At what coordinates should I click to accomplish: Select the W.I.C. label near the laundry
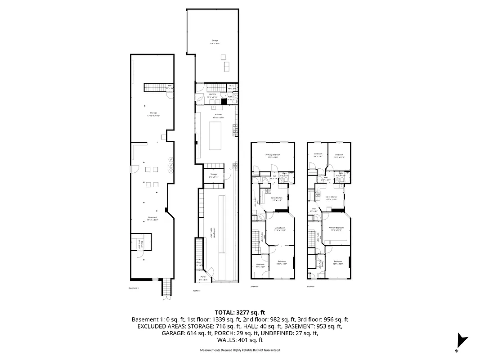(x=232, y=87)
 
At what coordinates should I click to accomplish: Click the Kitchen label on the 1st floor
(x=218, y=116)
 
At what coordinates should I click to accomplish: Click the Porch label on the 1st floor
(x=203, y=278)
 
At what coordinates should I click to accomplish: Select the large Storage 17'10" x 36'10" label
(x=154, y=114)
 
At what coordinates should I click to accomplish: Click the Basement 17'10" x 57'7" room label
(x=153, y=219)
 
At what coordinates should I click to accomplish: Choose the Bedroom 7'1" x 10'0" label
(x=260, y=265)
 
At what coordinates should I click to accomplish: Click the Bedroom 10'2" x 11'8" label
(x=339, y=156)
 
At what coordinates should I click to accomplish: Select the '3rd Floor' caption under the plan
(x=310, y=286)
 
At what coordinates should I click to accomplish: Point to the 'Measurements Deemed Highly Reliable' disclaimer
(x=240, y=350)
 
